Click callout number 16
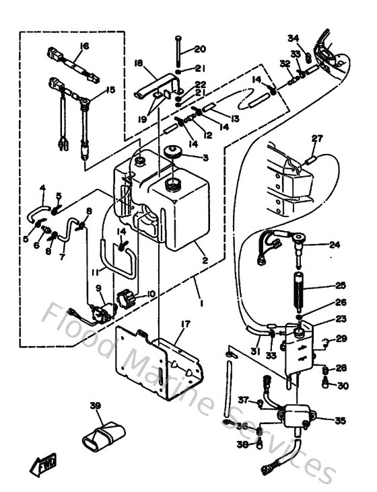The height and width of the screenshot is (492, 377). [84, 46]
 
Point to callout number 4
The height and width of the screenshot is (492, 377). [42, 188]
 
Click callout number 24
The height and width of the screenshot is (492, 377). [335, 245]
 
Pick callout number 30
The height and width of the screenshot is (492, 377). [343, 385]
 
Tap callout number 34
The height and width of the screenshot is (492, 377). [293, 38]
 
